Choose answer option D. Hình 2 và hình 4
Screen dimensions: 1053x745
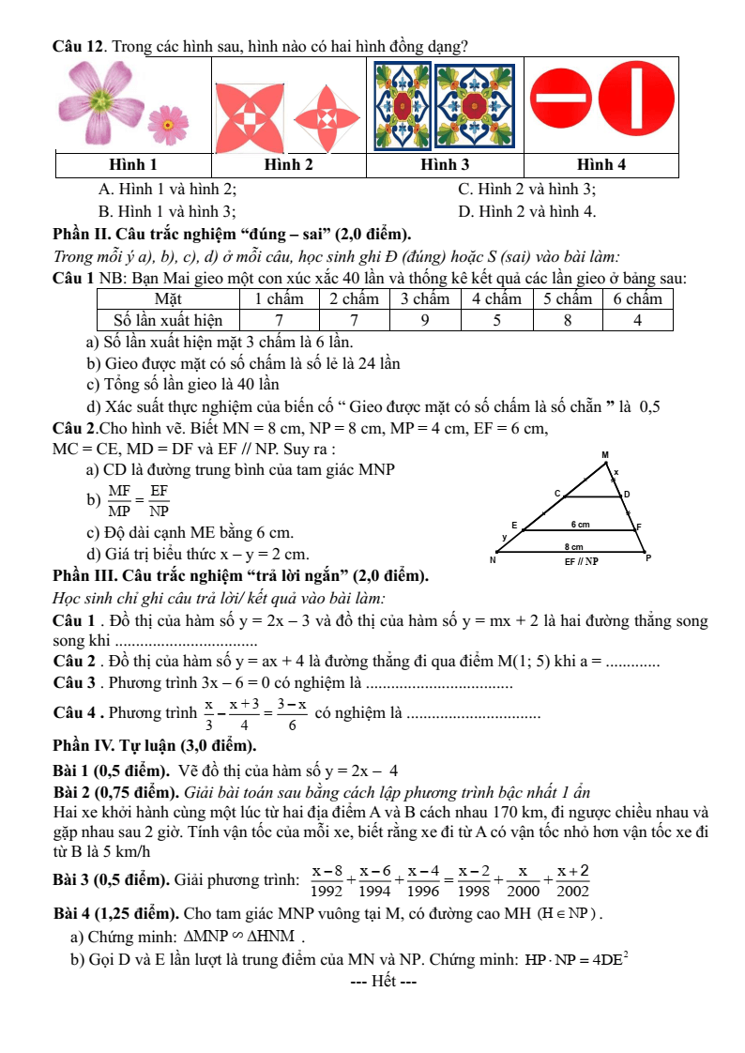pos(526,211)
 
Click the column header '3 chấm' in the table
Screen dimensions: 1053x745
pos(424,299)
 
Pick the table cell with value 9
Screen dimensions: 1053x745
pos(424,320)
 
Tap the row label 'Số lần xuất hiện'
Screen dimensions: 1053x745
pos(167,320)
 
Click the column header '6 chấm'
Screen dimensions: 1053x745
pos(638,299)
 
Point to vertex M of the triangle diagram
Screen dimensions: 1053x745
pos(605,456)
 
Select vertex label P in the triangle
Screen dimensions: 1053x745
pos(647,558)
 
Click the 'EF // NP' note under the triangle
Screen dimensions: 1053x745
pos(581,561)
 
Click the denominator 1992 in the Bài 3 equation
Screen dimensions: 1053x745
pos(327,893)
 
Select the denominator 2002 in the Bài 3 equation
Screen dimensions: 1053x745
pos(573,893)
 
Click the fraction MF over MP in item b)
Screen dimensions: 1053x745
pos(119,501)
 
